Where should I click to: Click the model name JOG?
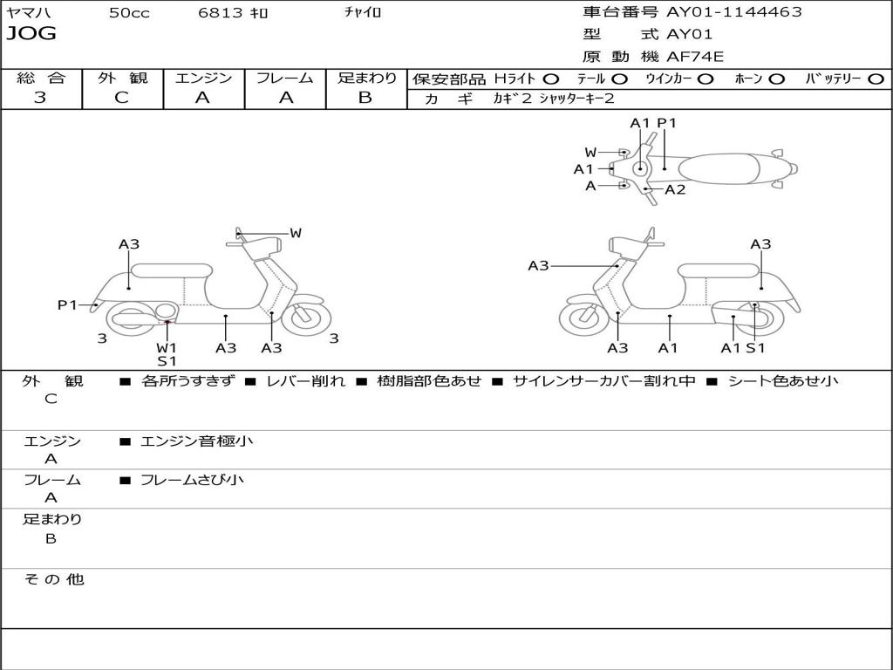31,34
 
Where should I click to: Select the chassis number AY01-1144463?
734,11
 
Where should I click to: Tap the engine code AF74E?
695,57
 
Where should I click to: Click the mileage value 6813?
221,12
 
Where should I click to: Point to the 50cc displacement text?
129,12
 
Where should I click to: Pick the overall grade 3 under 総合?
40,98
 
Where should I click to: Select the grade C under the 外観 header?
121,98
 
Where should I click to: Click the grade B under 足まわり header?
365,98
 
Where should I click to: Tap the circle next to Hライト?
551,79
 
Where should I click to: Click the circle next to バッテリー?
876,79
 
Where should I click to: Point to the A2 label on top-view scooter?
675,189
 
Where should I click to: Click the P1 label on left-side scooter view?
67,304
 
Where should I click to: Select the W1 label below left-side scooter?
167,347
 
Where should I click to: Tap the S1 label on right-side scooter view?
756,347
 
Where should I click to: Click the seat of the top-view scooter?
719,169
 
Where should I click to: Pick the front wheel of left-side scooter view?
306,318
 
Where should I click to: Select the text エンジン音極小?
196,441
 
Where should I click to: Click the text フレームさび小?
192,480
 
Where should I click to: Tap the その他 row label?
54,579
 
